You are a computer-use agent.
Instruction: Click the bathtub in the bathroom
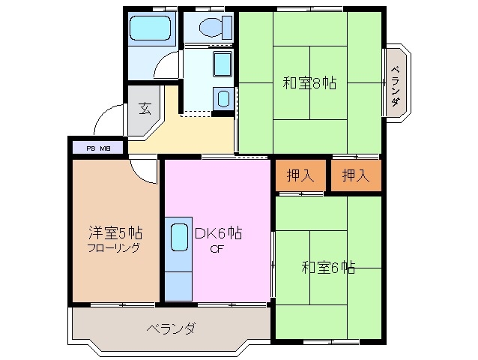click(151, 30)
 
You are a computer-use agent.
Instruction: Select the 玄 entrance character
click(145, 108)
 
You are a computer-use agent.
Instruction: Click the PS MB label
click(99, 148)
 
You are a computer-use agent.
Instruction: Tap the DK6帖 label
click(217, 233)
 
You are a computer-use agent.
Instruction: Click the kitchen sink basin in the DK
click(179, 237)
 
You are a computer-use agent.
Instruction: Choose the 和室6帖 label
click(328, 266)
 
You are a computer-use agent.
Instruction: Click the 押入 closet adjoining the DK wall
click(300, 175)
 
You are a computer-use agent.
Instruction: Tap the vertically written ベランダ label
click(395, 85)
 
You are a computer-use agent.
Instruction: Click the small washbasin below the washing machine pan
click(222, 97)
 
